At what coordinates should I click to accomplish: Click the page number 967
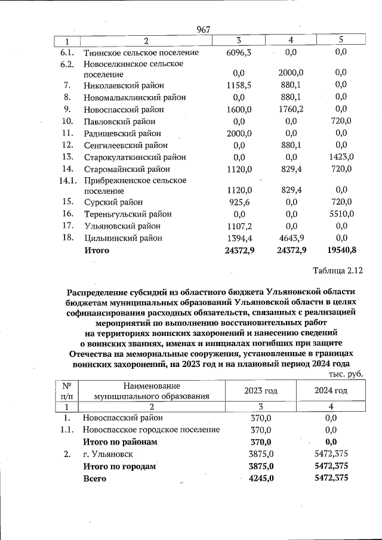pos(205,29)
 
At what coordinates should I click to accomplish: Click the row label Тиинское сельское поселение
pos(141,53)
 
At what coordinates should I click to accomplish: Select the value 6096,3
pos(239,53)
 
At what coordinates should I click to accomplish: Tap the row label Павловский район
pos(119,122)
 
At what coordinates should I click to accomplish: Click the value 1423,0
pos(342,157)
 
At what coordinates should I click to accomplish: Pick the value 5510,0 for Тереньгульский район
pos(342,214)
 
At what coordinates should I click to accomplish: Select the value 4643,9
pos(292,238)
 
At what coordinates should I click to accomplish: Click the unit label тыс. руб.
pos(346,374)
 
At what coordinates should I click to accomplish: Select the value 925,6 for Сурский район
pos(239,203)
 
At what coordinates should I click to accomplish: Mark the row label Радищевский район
pos(122,134)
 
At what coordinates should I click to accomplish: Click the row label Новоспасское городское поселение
pos(152,430)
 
